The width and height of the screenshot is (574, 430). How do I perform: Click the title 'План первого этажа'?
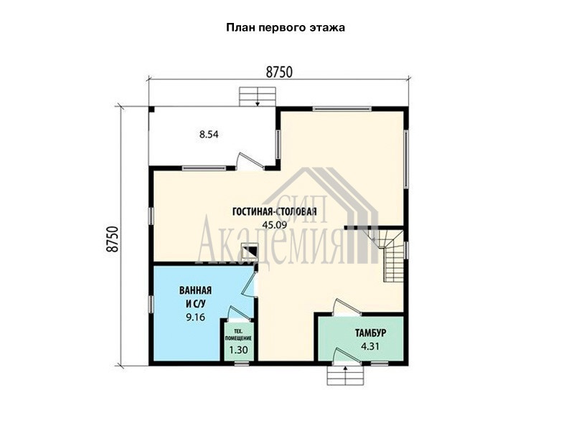[285, 28]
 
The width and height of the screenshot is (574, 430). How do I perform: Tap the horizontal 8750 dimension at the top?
[279, 72]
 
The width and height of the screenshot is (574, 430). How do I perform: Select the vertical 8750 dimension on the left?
[113, 239]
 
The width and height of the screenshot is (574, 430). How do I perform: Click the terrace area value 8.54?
[209, 135]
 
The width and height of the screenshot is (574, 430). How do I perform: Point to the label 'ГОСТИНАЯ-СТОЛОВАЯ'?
[275, 211]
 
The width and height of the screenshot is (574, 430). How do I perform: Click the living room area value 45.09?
[275, 224]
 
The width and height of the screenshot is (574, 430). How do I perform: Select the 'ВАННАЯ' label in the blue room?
[195, 290]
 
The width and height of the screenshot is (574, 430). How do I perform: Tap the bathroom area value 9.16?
[195, 317]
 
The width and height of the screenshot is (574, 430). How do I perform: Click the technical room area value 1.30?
[238, 350]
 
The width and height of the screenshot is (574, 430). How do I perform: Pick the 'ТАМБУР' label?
[370, 333]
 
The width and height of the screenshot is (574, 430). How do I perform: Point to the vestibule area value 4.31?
[370, 346]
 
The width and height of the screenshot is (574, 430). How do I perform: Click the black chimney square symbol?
[250, 252]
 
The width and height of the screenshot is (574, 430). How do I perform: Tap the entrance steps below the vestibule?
[346, 375]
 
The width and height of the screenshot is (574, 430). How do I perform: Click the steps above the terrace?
[258, 97]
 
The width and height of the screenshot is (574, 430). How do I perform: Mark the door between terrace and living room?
[250, 162]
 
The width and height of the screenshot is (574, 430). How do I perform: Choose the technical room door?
[238, 315]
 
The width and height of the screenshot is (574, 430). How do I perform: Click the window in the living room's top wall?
[342, 109]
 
